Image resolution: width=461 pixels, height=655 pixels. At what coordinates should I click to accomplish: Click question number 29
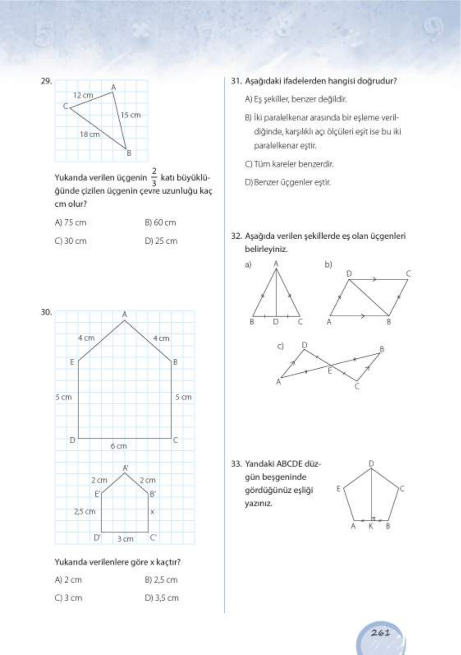(46, 81)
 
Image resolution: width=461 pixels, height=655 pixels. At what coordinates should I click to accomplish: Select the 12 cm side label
(83, 95)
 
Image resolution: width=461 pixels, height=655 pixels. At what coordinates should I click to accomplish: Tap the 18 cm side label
(89, 134)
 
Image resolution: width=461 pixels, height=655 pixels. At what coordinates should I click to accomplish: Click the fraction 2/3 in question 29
(154, 177)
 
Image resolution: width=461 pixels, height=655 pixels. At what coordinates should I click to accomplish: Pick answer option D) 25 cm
(161, 241)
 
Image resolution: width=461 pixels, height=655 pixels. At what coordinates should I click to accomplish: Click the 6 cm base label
(119, 446)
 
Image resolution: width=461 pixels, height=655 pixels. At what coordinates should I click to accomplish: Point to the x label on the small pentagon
(152, 512)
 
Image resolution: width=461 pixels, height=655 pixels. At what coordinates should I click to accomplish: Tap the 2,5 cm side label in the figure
(85, 512)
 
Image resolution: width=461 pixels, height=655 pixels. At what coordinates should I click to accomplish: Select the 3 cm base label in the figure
(125, 538)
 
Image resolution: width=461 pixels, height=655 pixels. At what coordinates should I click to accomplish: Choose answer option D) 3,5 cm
(161, 598)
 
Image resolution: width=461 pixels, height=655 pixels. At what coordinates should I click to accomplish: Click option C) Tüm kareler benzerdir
(289, 164)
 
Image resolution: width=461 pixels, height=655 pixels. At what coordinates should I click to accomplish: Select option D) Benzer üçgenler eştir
(288, 182)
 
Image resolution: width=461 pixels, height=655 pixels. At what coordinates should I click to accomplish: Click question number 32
(236, 236)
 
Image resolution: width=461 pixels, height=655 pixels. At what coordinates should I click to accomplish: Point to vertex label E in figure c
(329, 371)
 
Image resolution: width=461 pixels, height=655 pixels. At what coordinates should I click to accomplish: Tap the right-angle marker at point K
(373, 519)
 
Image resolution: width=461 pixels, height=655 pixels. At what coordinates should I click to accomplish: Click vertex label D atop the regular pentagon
(371, 464)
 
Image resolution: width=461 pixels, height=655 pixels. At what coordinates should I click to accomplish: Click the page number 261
(381, 632)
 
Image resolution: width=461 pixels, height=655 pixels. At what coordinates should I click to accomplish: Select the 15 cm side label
(131, 115)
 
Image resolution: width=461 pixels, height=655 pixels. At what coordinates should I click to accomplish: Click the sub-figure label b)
(328, 265)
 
